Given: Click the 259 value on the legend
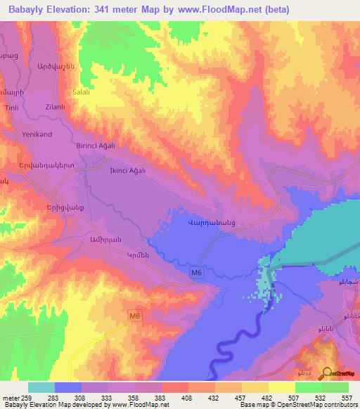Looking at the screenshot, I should (x=26, y=397).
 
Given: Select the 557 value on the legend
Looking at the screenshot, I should (x=347, y=397).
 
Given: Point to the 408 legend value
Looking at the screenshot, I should (x=187, y=397).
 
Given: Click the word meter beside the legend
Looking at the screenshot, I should (x=10, y=397).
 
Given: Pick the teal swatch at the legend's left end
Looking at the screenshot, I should (x=41, y=387).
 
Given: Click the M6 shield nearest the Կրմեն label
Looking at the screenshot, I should (x=198, y=272).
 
